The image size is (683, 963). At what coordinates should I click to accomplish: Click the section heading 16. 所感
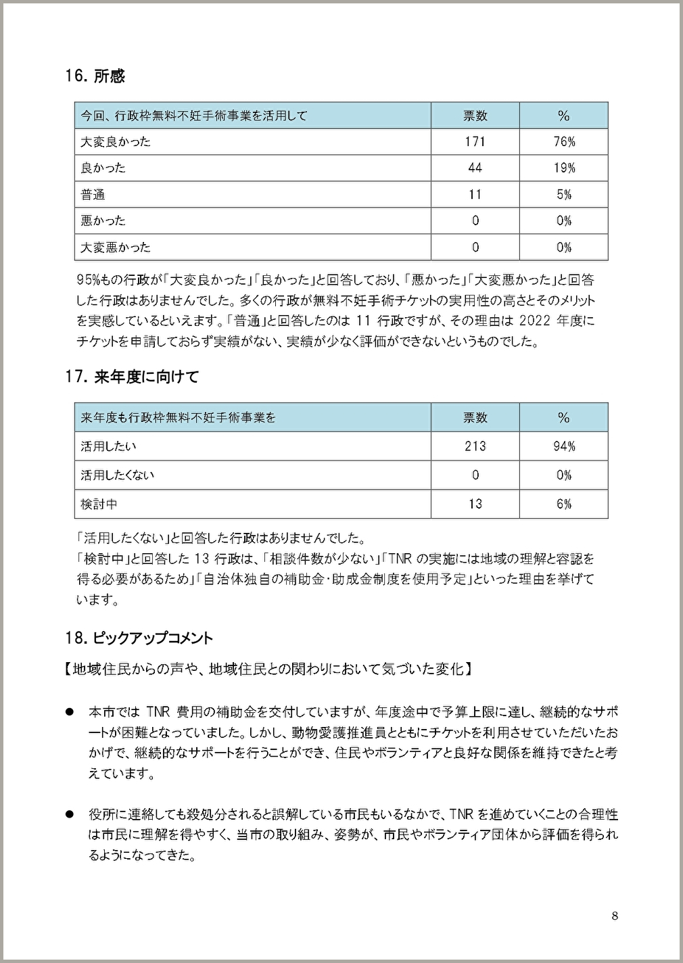(x=95, y=76)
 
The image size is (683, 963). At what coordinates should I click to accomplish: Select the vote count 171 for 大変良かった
(x=475, y=141)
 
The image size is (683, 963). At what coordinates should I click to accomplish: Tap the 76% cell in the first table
(x=564, y=141)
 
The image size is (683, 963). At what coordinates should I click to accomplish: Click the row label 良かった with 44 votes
(x=103, y=168)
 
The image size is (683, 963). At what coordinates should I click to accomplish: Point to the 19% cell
(x=564, y=168)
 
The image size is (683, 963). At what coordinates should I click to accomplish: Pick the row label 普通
(x=93, y=195)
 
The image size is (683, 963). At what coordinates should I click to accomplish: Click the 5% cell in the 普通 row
(x=564, y=195)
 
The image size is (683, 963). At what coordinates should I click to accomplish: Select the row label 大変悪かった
(x=116, y=247)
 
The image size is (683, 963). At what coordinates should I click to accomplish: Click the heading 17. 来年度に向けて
(x=132, y=377)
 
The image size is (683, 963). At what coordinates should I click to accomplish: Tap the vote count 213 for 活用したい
(x=475, y=446)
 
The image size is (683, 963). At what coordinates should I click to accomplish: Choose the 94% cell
(x=564, y=446)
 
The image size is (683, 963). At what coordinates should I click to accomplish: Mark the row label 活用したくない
(x=118, y=475)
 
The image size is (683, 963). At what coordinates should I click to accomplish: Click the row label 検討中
(x=99, y=504)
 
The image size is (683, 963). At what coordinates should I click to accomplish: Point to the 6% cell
(x=564, y=504)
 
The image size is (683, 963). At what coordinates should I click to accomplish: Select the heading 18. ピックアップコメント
(x=139, y=638)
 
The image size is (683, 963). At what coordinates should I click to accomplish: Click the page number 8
(x=614, y=916)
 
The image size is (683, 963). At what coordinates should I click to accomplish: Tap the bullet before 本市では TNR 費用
(x=69, y=711)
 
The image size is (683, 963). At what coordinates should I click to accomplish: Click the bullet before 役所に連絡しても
(x=69, y=815)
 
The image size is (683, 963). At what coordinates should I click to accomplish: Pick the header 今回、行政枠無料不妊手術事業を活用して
(x=194, y=116)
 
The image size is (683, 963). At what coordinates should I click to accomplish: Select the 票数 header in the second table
(x=475, y=417)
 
